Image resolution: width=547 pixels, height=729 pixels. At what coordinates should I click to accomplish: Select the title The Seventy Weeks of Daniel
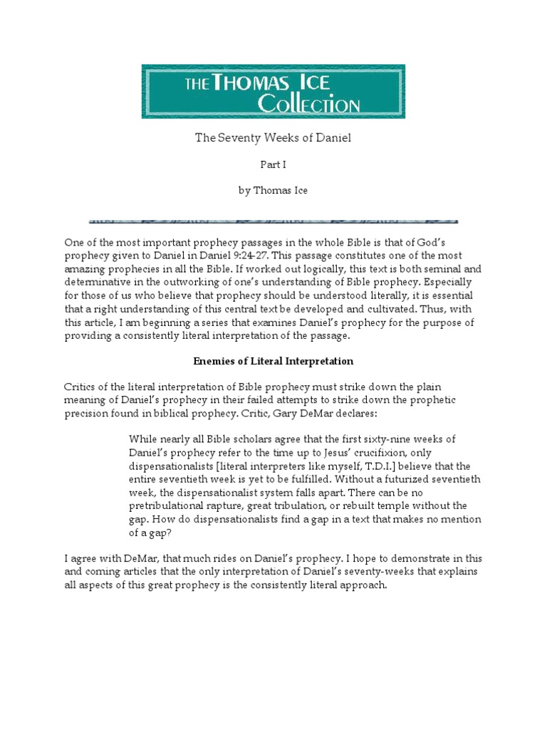tap(273, 138)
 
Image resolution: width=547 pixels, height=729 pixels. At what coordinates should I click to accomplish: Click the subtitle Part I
tap(273, 164)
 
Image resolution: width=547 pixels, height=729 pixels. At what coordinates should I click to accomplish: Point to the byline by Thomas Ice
tap(273, 191)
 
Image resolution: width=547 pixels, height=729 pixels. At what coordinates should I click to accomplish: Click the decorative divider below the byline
tap(273, 221)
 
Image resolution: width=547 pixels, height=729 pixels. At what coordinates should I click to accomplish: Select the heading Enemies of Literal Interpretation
tap(273, 362)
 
